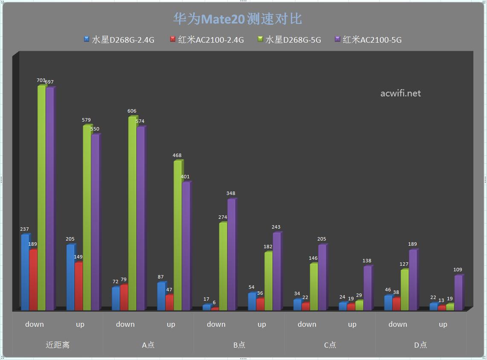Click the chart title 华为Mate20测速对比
(238, 19)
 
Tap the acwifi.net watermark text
(400, 93)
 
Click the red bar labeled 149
(78, 286)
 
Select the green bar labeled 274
(223, 267)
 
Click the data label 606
(132, 111)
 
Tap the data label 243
(276, 227)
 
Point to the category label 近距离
(57, 345)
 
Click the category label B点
(239, 345)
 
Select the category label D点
(420, 345)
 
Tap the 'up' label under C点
(352, 324)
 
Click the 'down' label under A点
(125, 324)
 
